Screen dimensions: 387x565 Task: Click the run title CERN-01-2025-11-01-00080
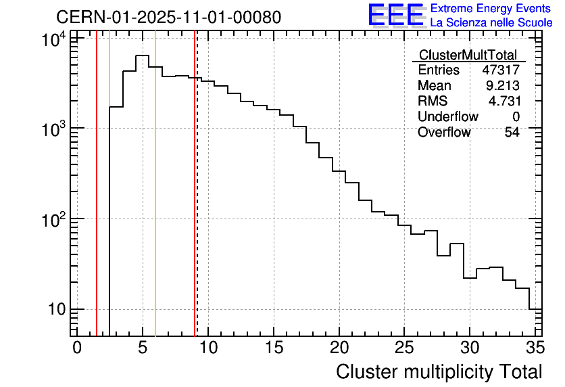pyautogui.click(x=168, y=17)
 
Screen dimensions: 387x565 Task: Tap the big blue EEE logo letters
pyautogui.click(x=396, y=16)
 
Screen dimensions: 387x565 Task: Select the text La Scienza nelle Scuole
pyautogui.click(x=491, y=23)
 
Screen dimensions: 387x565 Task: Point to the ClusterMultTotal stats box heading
pyautogui.click(x=468, y=55)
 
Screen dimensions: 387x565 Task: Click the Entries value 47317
pyautogui.click(x=501, y=70)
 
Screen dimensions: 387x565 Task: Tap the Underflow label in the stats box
pyautogui.click(x=447, y=117)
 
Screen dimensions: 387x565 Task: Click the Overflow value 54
pyautogui.click(x=512, y=133)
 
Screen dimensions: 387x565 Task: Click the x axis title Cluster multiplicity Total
pyautogui.click(x=439, y=371)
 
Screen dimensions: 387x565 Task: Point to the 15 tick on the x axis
pyautogui.click(x=273, y=348)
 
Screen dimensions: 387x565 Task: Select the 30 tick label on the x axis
pyautogui.click(x=470, y=348)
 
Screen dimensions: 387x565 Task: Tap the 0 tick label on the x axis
pyautogui.click(x=77, y=348)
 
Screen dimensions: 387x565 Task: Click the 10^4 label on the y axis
pyautogui.click(x=53, y=41)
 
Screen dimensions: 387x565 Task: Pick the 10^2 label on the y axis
pyautogui.click(x=53, y=220)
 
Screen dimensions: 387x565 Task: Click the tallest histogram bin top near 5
pyautogui.click(x=142, y=56)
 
